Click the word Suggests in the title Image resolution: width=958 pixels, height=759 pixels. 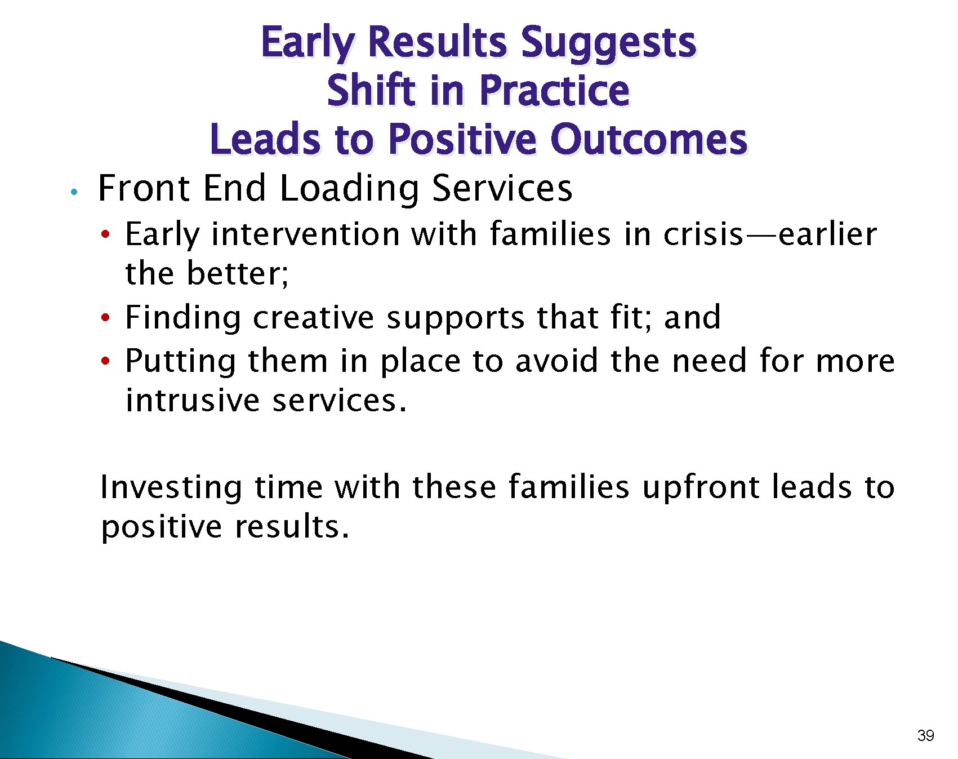click(608, 44)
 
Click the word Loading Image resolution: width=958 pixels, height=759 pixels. click(349, 189)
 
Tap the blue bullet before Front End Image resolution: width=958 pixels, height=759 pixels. click(73, 192)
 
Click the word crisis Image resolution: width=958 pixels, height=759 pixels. click(703, 234)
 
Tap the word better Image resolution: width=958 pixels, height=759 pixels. click(237, 274)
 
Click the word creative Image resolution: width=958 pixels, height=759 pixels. click(313, 318)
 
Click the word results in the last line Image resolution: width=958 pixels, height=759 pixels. click(292, 527)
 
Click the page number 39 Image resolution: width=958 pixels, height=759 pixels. click(925, 735)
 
